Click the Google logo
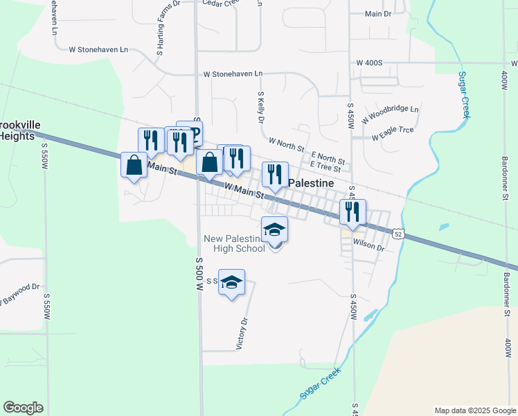pos(23,408)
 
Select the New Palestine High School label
pos(233,243)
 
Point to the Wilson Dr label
pos(368,245)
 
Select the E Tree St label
pos(325,166)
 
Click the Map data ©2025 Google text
pos(475,410)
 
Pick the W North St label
pos(286,144)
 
